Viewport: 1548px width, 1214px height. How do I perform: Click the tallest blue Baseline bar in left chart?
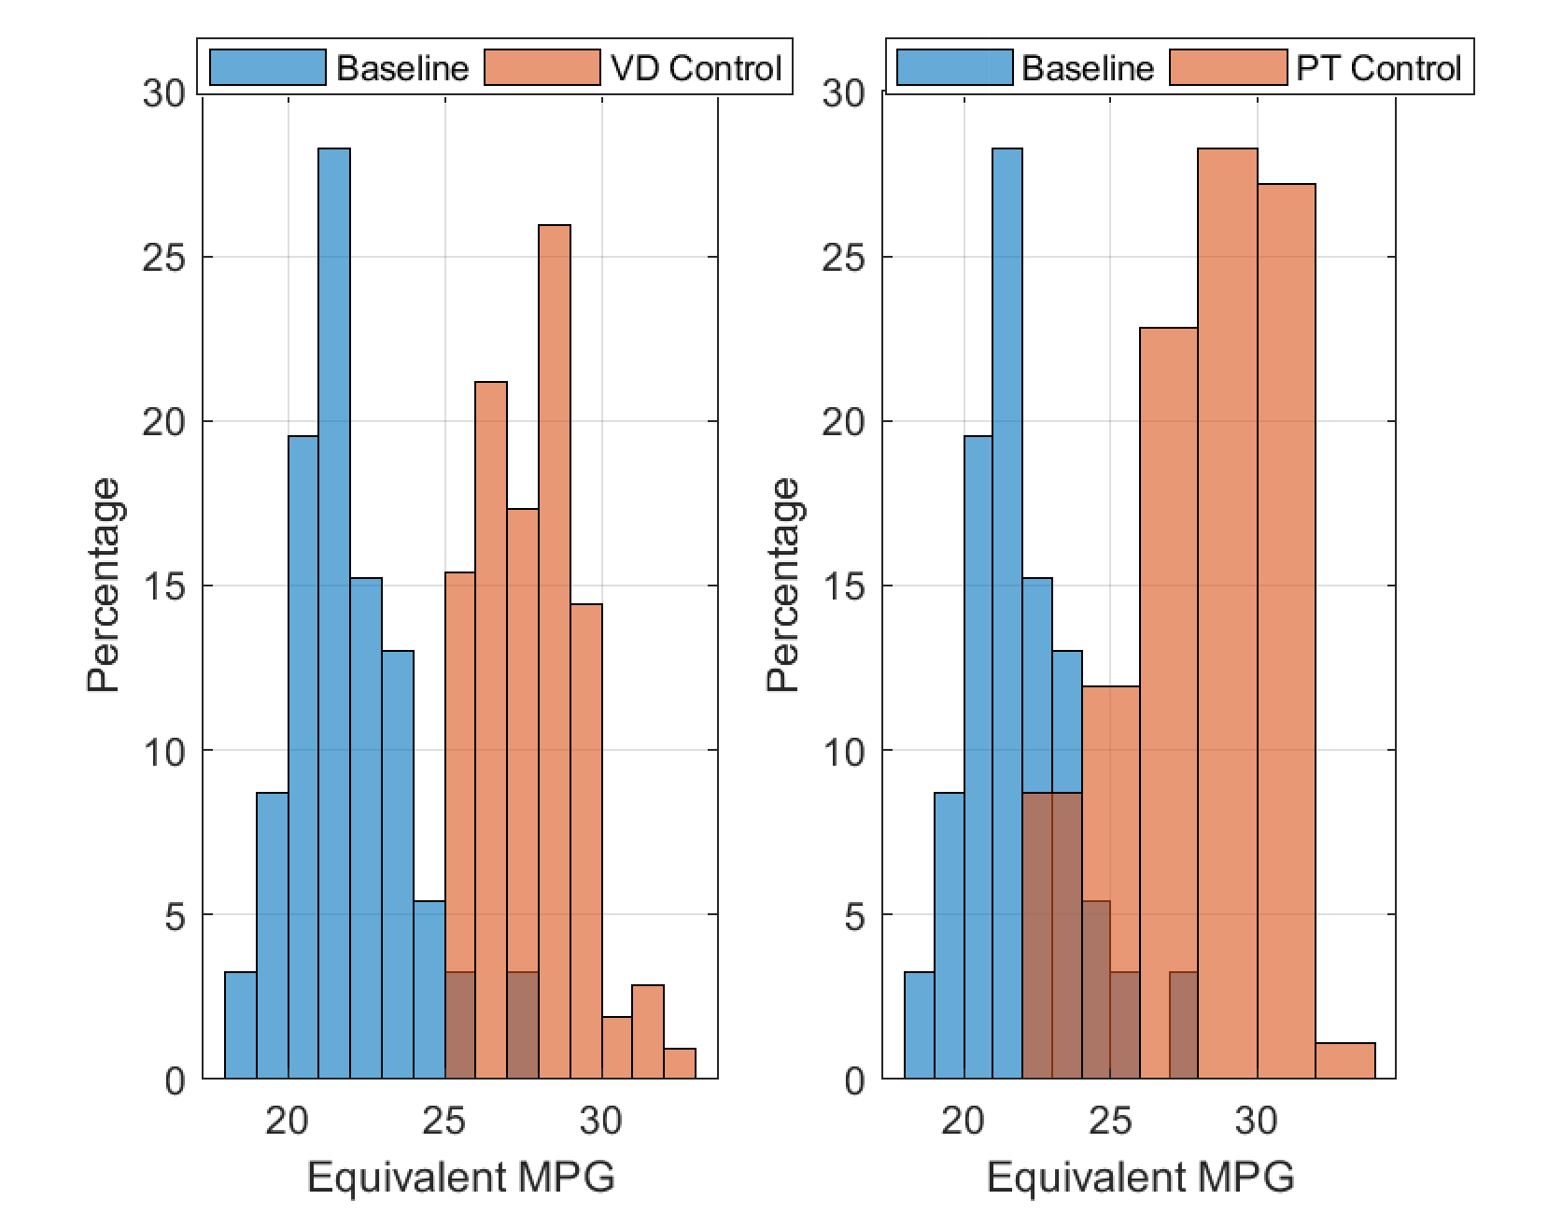(x=334, y=607)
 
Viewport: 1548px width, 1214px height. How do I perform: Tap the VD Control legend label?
(x=696, y=68)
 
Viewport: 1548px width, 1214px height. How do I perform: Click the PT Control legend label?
(x=1378, y=68)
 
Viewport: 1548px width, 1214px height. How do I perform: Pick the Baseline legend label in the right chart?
(x=1088, y=68)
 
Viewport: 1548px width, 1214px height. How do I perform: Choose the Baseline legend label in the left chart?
(x=402, y=68)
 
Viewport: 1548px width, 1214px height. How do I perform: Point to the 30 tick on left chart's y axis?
(x=164, y=93)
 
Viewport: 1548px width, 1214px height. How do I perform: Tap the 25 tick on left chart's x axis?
(x=444, y=1120)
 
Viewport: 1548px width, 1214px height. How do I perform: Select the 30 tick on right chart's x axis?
(x=1257, y=1120)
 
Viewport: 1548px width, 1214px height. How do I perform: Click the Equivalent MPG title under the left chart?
(x=461, y=1178)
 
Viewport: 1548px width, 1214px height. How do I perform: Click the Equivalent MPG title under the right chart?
(x=1140, y=1178)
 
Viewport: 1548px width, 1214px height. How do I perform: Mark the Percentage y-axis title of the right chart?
(x=784, y=585)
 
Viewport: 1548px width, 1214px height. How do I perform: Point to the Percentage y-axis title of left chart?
(x=105, y=585)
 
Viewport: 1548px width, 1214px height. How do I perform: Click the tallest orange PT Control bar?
(x=1227, y=607)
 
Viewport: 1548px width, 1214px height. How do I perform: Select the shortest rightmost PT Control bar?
(x=1344, y=1061)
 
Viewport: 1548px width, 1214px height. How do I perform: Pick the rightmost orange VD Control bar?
(x=680, y=1064)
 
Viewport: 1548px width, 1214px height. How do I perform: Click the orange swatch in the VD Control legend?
(x=542, y=68)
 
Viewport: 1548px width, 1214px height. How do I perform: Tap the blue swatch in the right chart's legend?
(x=954, y=68)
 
